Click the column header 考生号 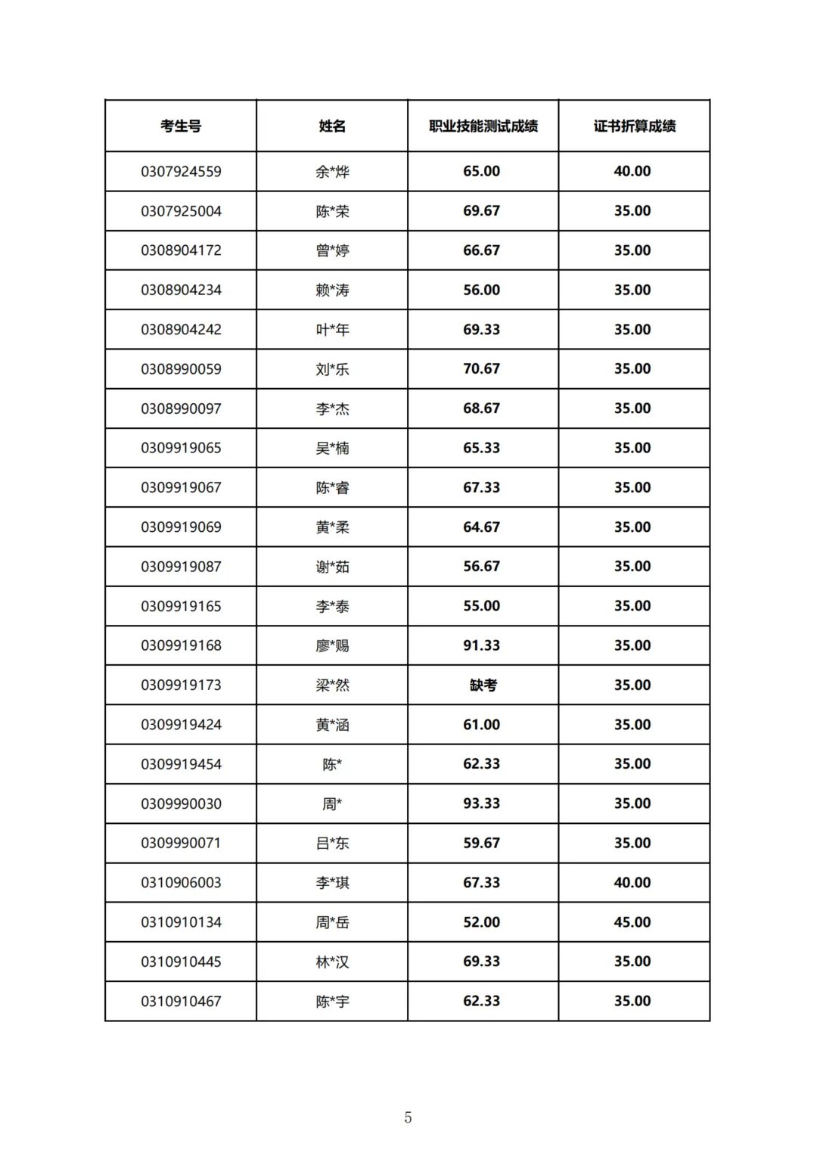(x=181, y=126)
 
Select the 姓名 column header (x=332, y=126)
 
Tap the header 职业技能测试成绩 (x=483, y=126)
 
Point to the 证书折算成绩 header (x=634, y=126)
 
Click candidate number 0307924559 (x=181, y=172)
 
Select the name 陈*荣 (x=332, y=211)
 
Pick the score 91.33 (x=482, y=645)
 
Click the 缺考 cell (x=483, y=685)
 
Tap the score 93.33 (x=482, y=803)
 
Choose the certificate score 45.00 (x=632, y=922)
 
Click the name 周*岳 (x=332, y=922)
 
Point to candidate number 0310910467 (x=181, y=1001)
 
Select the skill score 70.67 (x=482, y=369)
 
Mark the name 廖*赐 (x=332, y=645)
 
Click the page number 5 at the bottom (x=408, y=1117)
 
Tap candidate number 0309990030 (x=181, y=803)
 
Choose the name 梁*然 (x=332, y=685)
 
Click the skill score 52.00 (x=482, y=922)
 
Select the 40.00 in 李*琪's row (x=632, y=882)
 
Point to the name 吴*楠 (x=332, y=448)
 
